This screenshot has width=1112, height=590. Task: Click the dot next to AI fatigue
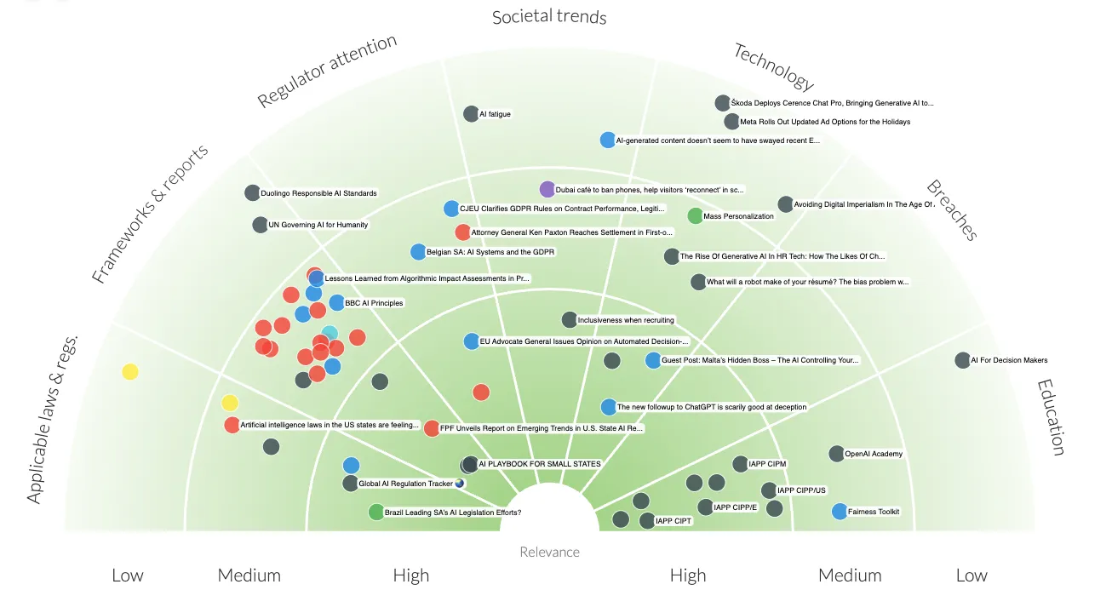pos(471,114)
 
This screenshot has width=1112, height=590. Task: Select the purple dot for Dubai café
pos(547,189)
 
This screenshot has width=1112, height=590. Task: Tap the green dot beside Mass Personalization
pos(695,216)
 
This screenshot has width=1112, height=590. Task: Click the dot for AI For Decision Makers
pos(962,360)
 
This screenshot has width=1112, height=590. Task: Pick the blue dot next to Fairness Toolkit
pos(840,512)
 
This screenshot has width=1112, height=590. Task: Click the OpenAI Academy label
pos(873,454)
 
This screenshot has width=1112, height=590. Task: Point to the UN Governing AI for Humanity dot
pos(260,226)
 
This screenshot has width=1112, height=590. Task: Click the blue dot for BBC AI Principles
pos(336,303)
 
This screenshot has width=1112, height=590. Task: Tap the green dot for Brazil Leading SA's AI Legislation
pos(376,513)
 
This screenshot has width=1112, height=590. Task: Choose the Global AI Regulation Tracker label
pos(406,484)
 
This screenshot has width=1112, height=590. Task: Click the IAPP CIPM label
pos(767,464)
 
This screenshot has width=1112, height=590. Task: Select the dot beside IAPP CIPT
pos(647,521)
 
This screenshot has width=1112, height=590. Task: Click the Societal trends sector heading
pos(549,16)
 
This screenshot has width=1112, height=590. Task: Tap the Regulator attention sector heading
pos(327,70)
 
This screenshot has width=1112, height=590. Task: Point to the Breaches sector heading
pos(952,209)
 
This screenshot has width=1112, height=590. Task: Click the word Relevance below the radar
pos(549,552)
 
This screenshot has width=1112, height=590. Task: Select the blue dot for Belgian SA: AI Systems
pos(418,252)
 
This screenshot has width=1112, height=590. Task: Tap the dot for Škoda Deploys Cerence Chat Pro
pos(723,103)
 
